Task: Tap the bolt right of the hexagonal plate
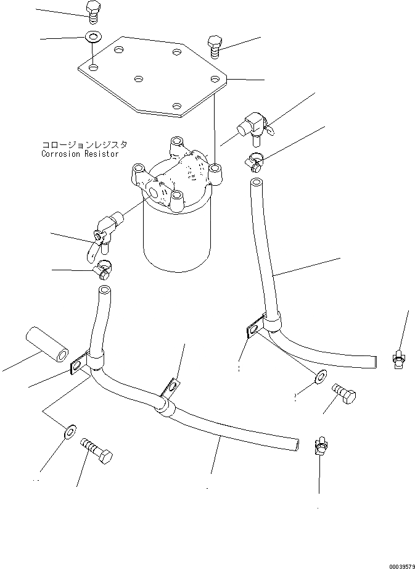click(215, 46)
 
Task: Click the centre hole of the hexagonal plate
click(139, 80)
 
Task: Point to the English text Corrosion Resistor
click(80, 154)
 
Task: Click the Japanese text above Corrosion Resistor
click(84, 145)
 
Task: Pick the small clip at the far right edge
click(399, 359)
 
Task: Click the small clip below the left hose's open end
click(321, 443)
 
